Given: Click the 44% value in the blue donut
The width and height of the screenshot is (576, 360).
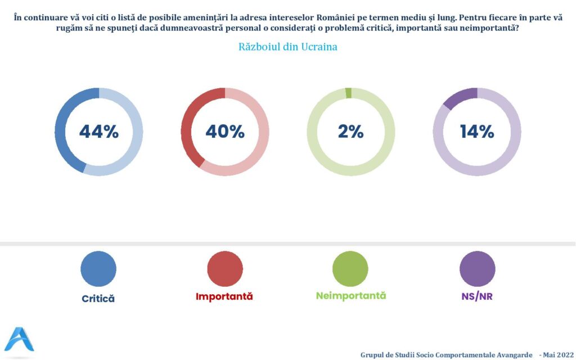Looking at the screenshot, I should click(x=99, y=132).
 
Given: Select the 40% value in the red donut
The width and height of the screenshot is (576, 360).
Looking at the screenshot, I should click(x=225, y=132).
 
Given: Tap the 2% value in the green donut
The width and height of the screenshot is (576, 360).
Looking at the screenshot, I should click(x=351, y=132).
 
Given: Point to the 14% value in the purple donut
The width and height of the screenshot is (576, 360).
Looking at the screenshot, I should click(x=477, y=132).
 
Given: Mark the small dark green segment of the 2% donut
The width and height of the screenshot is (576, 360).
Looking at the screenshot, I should click(x=349, y=93).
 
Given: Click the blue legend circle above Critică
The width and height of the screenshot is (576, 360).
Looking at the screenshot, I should click(x=98, y=269).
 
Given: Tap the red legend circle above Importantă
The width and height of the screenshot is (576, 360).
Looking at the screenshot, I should click(x=225, y=269).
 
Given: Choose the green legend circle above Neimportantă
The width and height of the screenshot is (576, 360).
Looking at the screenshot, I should click(x=350, y=269).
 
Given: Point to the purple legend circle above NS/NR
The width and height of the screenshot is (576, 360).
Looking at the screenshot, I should click(x=477, y=269).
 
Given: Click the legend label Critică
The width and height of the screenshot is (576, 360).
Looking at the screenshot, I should click(x=98, y=299).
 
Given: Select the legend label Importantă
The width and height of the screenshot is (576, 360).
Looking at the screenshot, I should click(x=224, y=296).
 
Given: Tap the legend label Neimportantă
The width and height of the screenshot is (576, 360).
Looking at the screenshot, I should click(x=351, y=296).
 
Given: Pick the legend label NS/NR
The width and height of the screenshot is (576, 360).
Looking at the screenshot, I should click(x=477, y=296).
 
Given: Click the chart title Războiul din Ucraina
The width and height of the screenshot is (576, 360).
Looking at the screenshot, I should click(x=288, y=47).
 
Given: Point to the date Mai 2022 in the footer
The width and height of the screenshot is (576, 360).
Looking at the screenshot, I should click(x=557, y=354).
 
